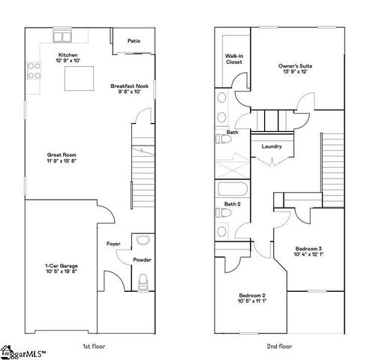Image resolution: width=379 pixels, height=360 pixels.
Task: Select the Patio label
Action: pyautogui.click(x=134, y=41)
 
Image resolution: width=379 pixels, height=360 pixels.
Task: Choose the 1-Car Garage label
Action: pyautogui.click(x=60, y=265)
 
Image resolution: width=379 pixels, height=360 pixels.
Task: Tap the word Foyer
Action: pyautogui.click(x=113, y=243)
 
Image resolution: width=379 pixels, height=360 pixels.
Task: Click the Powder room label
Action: pyautogui.click(x=142, y=259)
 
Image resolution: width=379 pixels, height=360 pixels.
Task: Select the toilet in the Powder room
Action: pyautogui.click(x=143, y=282)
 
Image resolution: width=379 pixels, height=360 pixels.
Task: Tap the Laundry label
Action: pyautogui.click(x=272, y=146)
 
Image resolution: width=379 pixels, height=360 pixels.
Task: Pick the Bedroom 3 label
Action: pyautogui.click(x=308, y=248)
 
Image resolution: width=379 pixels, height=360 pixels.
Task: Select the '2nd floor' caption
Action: pyautogui.click(x=280, y=346)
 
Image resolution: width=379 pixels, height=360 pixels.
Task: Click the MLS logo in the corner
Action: pyautogui.click(x=23, y=351)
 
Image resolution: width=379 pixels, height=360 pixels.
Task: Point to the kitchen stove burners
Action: pyautogui.click(x=34, y=71)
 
